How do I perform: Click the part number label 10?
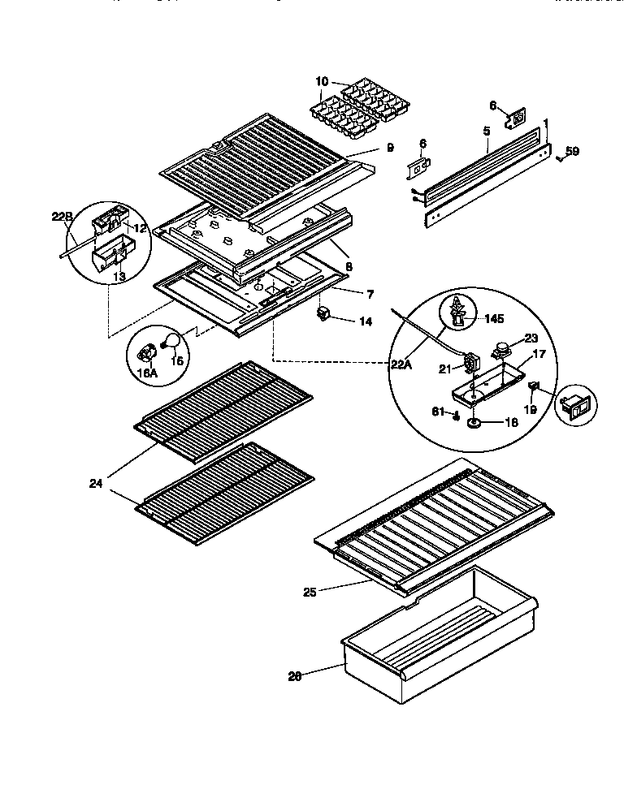coord(322,81)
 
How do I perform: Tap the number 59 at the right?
coord(573,150)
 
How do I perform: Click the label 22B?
coord(63,216)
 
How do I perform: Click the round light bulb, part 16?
coord(172,342)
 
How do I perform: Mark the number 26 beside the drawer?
coord(295,675)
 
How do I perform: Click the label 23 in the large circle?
coord(531,340)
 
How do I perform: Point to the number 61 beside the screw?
coord(440,413)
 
